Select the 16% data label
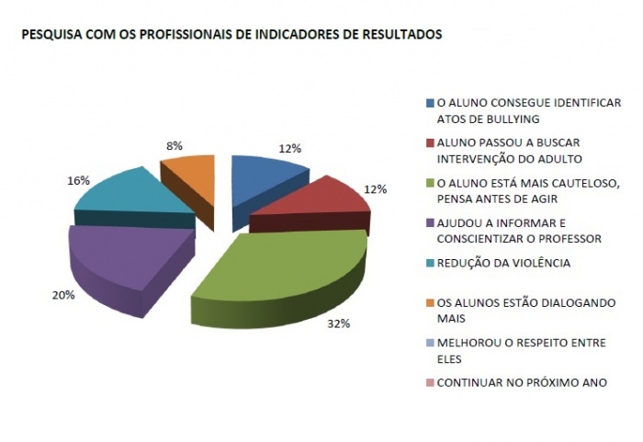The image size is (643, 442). (78, 181)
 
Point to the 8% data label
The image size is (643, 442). (174, 145)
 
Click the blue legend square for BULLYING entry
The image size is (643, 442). (429, 103)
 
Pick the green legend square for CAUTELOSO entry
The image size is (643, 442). (429, 183)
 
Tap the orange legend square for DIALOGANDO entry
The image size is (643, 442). (429, 302)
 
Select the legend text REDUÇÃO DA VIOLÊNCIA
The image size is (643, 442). (503, 263)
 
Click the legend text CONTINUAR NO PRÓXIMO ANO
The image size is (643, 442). (522, 382)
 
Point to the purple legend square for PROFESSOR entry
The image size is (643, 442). (429, 222)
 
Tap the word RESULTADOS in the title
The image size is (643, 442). (400, 34)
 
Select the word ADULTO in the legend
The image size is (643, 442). (537, 159)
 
